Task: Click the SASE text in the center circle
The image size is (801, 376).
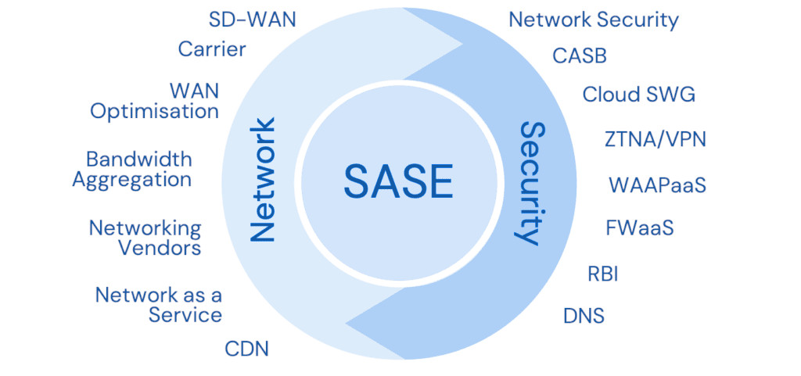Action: (x=398, y=182)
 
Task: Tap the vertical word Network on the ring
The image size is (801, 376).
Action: (x=263, y=180)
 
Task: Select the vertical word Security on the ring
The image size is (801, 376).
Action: (x=531, y=183)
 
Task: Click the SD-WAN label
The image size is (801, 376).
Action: (x=253, y=20)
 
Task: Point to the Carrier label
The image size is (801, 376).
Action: (x=212, y=49)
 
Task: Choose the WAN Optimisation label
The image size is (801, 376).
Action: (x=155, y=100)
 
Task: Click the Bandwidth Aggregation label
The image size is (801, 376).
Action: (x=134, y=169)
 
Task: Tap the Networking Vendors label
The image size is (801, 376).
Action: (x=145, y=238)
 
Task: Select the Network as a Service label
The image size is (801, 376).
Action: (x=159, y=305)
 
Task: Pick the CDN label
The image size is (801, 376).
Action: (x=246, y=349)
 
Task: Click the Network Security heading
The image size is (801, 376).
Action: (x=594, y=20)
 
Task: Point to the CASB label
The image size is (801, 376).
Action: (x=580, y=56)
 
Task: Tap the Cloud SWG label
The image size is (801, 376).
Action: (x=638, y=95)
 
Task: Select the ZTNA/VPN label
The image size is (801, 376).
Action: (x=656, y=139)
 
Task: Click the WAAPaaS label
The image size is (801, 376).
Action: (x=658, y=185)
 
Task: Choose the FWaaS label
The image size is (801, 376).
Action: (x=640, y=228)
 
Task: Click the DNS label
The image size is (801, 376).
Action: (x=584, y=316)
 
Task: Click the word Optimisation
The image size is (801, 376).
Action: (x=155, y=111)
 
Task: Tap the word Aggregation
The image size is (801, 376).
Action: (x=132, y=179)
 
